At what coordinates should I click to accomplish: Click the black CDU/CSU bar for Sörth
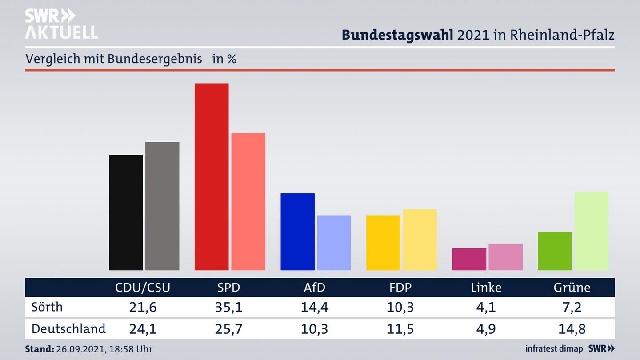126,212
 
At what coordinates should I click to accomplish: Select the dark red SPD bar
212,176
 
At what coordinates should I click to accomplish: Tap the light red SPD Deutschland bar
248,201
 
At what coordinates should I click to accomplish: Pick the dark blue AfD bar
297,232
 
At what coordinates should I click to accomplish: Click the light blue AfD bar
334,243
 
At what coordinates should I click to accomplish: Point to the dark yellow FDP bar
383,243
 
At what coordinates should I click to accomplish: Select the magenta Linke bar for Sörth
469,259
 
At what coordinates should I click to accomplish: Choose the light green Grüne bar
591,231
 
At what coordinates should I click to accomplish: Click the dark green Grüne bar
555,251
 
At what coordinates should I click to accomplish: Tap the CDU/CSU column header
143,288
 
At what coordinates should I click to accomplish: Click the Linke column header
486,288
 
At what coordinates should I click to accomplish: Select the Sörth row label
47,307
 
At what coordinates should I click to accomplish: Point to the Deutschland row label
68,329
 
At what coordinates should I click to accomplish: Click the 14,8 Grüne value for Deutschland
572,329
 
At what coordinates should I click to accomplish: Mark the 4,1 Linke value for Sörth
486,307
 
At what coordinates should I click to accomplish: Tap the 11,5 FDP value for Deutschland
400,329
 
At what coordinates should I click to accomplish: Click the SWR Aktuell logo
61,24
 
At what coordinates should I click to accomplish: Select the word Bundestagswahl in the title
397,35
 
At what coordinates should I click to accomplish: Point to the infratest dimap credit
554,349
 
